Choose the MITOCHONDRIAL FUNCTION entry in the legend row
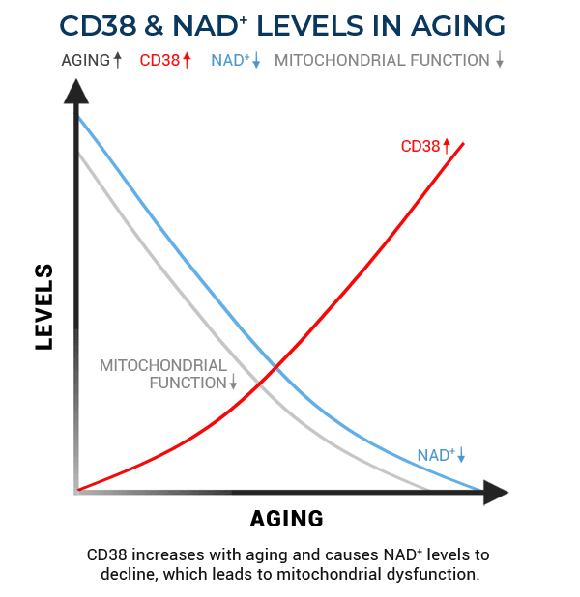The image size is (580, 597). (x=383, y=60)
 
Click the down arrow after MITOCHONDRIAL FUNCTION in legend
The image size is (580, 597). (x=500, y=60)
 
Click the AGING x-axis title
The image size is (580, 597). (x=286, y=519)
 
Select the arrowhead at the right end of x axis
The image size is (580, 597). (x=495, y=492)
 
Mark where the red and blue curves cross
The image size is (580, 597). (x=277, y=367)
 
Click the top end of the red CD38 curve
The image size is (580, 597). (x=464, y=143)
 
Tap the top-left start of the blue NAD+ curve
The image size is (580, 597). (x=78, y=117)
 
